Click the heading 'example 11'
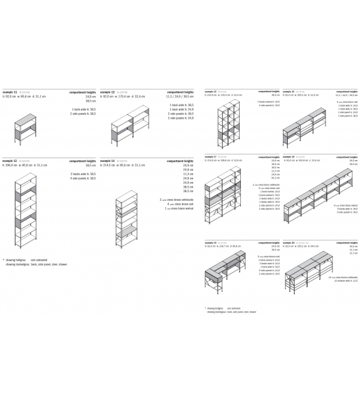(9, 92)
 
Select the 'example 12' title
(107, 92)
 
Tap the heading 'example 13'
(9, 161)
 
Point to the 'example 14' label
(107, 161)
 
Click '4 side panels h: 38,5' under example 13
(83, 179)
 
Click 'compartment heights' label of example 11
(83, 92)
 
